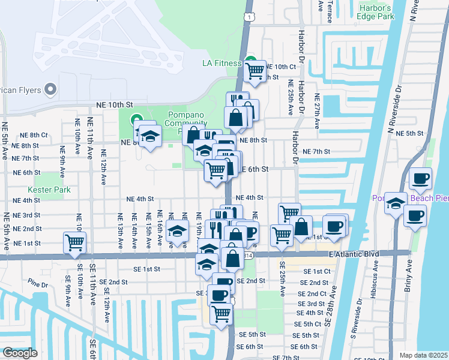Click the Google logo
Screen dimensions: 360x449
click(20, 353)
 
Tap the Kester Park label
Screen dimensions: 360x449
click(52, 190)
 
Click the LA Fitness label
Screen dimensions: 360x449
click(221, 63)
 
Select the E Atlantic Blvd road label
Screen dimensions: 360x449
click(354, 254)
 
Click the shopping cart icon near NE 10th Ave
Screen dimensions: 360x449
click(75, 242)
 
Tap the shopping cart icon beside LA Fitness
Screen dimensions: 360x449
click(256, 70)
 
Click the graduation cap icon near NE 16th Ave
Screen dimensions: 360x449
click(177, 231)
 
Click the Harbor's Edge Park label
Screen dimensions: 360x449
click(376, 12)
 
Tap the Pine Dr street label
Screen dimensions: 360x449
click(37, 281)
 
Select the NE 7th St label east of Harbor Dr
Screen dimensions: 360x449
click(316, 152)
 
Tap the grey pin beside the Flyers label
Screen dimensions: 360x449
click(50, 90)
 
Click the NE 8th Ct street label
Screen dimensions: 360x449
click(34, 135)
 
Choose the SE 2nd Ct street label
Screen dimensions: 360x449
click(313, 293)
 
